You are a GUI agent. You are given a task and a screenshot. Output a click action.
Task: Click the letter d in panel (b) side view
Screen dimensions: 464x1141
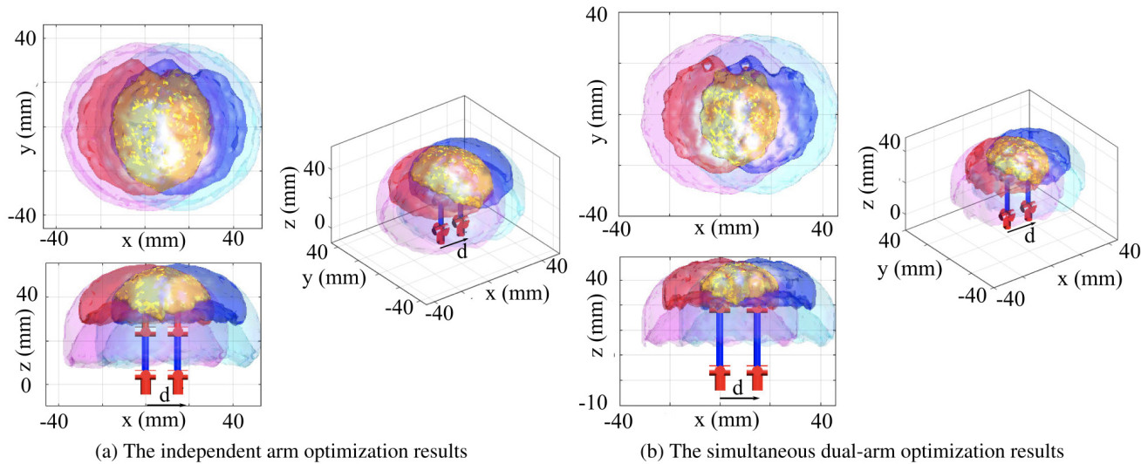tap(737, 388)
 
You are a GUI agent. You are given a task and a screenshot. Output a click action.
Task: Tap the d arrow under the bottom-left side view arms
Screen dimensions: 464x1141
tap(166, 406)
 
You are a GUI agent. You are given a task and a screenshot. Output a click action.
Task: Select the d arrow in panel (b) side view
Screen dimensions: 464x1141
tap(739, 398)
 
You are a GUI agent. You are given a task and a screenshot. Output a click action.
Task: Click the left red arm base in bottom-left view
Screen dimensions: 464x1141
tap(146, 380)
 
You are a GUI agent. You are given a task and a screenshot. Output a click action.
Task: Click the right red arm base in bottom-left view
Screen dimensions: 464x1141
tap(178, 380)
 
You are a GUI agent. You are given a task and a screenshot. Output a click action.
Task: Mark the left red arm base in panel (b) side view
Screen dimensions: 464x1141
tap(720, 377)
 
